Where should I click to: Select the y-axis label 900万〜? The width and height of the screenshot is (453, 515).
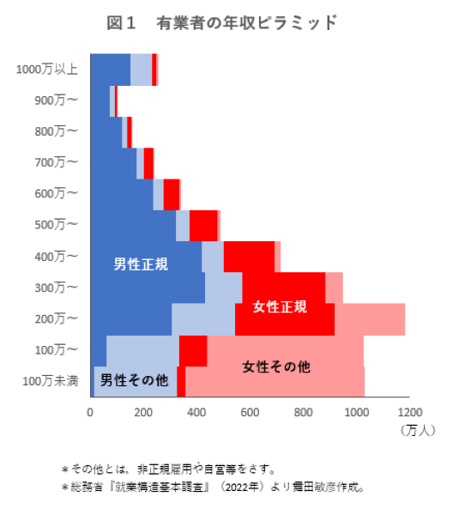[x=57, y=100]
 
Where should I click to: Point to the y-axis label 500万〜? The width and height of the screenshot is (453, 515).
[x=57, y=225]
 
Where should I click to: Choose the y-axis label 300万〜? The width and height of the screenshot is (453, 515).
[x=57, y=287]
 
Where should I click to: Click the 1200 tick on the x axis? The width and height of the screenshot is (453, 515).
[x=409, y=410]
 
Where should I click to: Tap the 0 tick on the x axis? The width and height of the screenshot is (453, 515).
[x=90, y=410]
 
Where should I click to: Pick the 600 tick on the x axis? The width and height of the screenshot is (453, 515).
[x=250, y=410]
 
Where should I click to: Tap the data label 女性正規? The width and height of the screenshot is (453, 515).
[x=280, y=306]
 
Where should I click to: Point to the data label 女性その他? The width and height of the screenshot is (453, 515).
[x=276, y=367]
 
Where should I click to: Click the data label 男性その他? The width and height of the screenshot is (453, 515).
[x=135, y=379]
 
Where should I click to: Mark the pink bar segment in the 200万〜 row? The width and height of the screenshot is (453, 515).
[x=369, y=318]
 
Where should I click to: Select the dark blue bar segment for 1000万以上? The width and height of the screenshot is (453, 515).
[x=110, y=70]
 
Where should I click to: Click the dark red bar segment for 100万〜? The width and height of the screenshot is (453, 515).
[x=193, y=350]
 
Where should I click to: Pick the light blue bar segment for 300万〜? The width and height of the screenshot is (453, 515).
[x=223, y=288]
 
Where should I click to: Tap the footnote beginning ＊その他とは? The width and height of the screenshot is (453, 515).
[x=167, y=469]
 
